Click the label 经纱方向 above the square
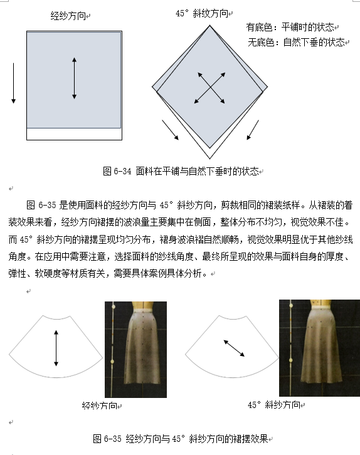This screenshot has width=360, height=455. (68, 16)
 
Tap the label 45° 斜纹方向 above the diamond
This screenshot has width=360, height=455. (202, 13)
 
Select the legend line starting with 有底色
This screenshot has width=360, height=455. (290, 28)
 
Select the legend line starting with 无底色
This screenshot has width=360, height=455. (296, 43)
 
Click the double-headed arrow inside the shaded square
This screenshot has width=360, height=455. (75, 78)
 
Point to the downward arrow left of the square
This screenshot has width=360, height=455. (13, 83)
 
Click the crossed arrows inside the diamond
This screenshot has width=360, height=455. (210, 88)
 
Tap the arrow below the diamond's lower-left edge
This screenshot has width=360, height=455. (170, 130)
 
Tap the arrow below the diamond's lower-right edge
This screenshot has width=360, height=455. (253, 130)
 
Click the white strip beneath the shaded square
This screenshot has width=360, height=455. (75, 134)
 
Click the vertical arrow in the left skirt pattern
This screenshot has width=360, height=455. (56, 348)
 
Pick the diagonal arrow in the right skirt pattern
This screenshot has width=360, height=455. (234, 348)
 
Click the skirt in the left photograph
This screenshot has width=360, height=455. (142, 345)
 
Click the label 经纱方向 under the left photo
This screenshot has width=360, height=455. (99, 405)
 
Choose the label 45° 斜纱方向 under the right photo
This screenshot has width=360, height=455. (274, 404)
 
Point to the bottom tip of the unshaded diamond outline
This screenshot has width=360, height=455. (210, 159)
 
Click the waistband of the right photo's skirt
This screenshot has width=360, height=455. (321, 307)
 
